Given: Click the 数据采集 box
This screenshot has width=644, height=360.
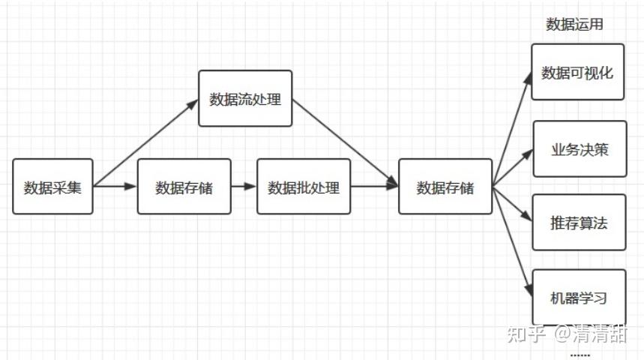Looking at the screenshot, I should [x=52, y=187].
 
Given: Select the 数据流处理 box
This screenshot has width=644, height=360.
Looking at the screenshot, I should [x=245, y=99].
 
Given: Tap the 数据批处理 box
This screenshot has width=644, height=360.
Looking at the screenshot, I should [x=304, y=187].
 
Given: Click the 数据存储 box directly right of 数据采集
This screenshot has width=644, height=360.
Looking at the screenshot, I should [x=184, y=187].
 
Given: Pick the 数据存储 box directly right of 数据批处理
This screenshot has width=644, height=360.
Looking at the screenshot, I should [x=445, y=187].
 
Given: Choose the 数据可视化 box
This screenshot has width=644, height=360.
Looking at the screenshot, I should [x=577, y=73].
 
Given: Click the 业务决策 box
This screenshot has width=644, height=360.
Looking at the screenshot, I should [x=580, y=148].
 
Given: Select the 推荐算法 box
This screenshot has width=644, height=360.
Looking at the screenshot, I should [x=578, y=222].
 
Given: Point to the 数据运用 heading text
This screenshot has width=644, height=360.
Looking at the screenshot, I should [x=574, y=25].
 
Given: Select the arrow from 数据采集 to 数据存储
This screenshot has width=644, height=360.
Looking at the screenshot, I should [x=115, y=187].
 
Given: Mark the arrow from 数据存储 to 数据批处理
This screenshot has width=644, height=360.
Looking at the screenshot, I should [x=244, y=187].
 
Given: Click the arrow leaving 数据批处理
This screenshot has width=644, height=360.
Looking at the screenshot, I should [x=373, y=187].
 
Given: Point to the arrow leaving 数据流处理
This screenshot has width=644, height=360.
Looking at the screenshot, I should [x=343, y=141].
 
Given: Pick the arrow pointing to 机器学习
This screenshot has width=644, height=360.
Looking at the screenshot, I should [x=512, y=241].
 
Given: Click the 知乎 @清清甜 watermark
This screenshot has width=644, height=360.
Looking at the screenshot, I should [x=567, y=334].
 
